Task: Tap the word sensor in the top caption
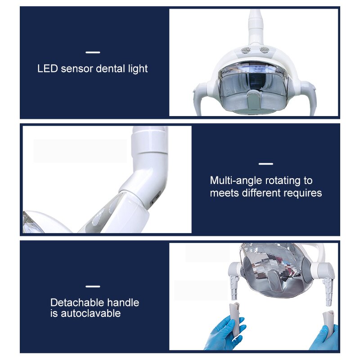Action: point(77,69)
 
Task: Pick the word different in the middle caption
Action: point(261,193)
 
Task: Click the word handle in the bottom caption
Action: point(123,302)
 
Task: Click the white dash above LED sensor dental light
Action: point(93,52)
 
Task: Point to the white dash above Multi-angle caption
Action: point(266,164)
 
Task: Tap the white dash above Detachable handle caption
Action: point(93,286)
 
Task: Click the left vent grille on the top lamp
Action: point(246,50)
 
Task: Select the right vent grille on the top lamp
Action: point(265,50)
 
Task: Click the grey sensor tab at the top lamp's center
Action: point(254,99)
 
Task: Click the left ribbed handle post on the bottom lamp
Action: point(234,287)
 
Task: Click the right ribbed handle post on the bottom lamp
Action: point(328,292)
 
